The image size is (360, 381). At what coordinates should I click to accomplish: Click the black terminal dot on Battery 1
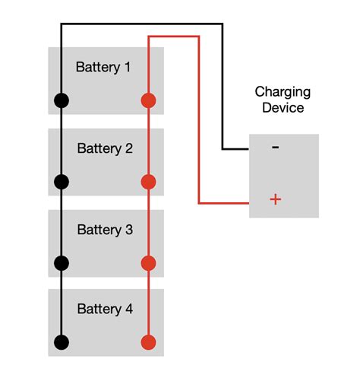[x=62, y=100]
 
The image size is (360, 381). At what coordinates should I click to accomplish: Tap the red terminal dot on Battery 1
[x=149, y=100]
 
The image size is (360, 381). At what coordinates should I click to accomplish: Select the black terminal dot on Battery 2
[x=62, y=181]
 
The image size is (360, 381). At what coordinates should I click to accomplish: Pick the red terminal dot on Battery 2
[x=149, y=181]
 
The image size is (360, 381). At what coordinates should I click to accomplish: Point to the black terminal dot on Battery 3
[x=62, y=263]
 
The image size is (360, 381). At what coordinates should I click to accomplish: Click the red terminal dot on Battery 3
[x=149, y=263]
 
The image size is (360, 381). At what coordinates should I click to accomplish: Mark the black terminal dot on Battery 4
[x=62, y=341]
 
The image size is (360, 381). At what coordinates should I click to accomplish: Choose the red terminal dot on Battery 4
[x=149, y=341]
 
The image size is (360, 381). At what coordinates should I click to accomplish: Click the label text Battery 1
[x=103, y=67]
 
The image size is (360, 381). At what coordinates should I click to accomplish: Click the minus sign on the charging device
[x=275, y=148]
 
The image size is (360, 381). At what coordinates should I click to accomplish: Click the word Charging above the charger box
[x=283, y=92]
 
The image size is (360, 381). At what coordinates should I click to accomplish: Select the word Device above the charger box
[x=283, y=108]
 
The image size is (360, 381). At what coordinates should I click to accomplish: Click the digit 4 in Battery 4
[x=128, y=310]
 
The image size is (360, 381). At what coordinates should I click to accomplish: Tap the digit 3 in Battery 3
[x=128, y=230]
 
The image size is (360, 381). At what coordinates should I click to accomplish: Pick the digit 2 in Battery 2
[x=128, y=148]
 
